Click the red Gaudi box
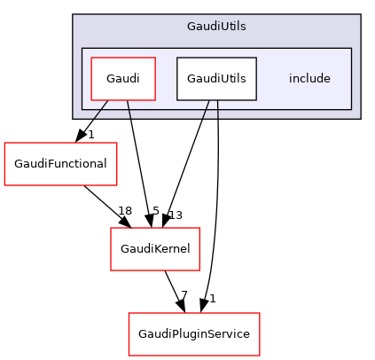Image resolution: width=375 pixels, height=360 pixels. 123,78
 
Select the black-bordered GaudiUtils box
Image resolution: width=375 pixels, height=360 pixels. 216,78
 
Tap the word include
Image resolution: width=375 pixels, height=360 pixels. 309,78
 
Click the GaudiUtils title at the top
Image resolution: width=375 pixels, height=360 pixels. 216,27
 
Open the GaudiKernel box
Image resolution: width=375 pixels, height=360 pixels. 155,249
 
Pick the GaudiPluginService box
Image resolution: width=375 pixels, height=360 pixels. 194,333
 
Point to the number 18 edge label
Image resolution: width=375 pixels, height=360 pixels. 125,211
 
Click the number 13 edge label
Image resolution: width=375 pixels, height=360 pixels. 175,215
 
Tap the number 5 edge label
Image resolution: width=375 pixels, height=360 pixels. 155,211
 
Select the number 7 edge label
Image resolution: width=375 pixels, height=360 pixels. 184,294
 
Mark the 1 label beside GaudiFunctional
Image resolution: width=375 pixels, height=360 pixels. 90,135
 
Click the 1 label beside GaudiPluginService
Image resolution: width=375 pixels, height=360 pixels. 212,298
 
